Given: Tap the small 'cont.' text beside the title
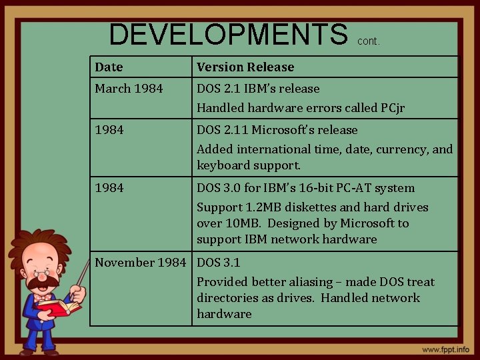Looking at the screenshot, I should click(x=369, y=41).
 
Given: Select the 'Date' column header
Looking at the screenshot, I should click(x=109, y=67).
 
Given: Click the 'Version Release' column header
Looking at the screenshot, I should click(x=245, y=67).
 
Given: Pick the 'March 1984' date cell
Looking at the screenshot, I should click(x=129, y=88).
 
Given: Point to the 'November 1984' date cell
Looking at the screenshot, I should click(x=140, y=262).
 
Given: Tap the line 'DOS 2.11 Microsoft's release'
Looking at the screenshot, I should click(x=277, y=129).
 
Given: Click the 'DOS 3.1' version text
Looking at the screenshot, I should click(x=219, y=262).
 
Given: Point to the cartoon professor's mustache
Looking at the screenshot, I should click(x=44, y=283).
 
